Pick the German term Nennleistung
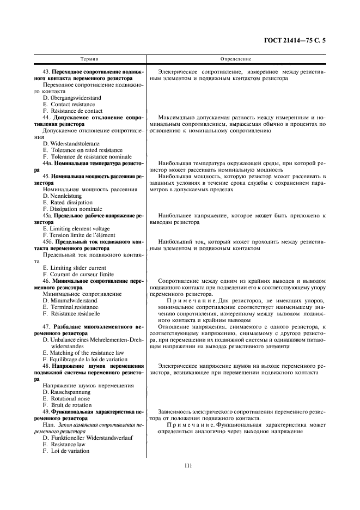click(x=64, y=196)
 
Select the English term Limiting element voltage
click(x=76, y=228)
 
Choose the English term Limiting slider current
click(x=74, y=268)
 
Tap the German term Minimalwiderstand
click(x=70, y=300)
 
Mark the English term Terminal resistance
click(x=70, y=307)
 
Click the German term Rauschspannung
click(x=67, y=392)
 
